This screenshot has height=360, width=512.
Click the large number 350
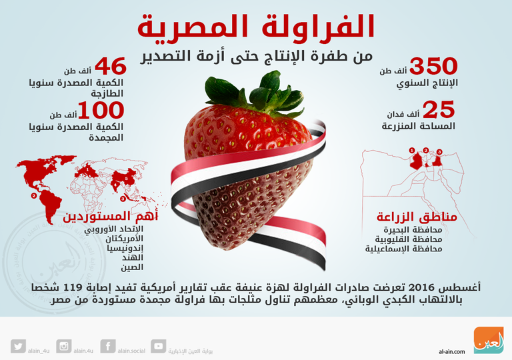pyautogui.click(x=433, y=67)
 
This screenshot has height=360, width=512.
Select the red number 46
pyautogui.click(x=111, y=67)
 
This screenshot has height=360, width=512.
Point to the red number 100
pyautogui.click(x=101, y=109)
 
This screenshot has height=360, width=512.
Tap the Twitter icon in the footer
pyautogui.click(x=18, y=346)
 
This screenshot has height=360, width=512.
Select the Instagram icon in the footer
pyautogui.click(x=64, y=346)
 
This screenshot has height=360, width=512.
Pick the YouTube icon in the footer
pyautogui.click(x=158, y=346)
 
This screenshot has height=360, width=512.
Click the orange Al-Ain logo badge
pyautogui.click(x=488, y=339)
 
